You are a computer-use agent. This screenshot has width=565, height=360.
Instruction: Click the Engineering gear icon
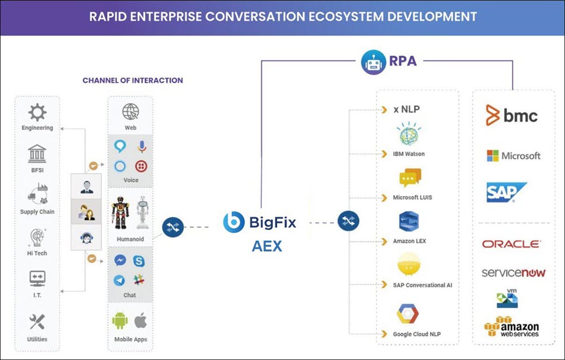click(37, 113)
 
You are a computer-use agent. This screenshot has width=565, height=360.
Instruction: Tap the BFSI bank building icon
click(37, 155)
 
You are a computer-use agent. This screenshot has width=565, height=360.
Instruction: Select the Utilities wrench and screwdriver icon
click(37, 323)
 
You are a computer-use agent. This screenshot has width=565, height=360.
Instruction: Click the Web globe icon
click(130, 112)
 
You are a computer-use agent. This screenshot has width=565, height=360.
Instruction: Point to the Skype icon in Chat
click(139, 261)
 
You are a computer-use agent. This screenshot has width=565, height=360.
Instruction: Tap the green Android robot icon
click(120, 321)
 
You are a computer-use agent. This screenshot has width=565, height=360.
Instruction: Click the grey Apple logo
click(141, 321)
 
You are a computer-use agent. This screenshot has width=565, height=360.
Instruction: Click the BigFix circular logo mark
click(233, 223)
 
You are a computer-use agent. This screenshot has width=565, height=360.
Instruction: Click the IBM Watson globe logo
click(409, 134)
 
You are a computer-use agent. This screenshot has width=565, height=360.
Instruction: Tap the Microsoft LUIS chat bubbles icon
click(410, 178)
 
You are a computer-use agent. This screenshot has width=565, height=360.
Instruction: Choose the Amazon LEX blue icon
click(409, 222)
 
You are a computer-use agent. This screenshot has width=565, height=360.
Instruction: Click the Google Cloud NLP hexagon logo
click(409, 313)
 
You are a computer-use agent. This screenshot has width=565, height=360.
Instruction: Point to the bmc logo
click(511, 115)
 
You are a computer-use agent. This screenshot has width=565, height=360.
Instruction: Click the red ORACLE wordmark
click(511, 244)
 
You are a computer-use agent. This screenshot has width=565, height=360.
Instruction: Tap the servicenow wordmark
click(513, 273)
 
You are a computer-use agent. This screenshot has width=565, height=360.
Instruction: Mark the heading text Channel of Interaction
click(133, 80)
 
